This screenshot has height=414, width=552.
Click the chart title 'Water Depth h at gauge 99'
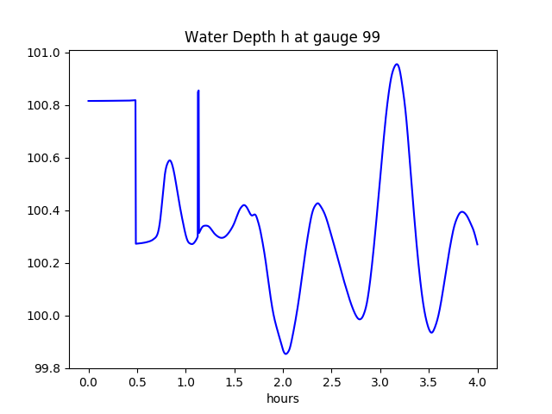click(x=282, y=38)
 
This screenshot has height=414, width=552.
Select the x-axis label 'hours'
click(x=282, y=398)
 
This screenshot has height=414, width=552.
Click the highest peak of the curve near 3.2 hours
click(x=397, y=64)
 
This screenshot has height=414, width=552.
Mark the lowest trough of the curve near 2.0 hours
click(x=285, y=354)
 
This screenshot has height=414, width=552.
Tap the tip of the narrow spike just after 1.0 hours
click(x=198, y=91)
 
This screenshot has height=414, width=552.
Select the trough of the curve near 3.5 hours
click(x=432, y=332)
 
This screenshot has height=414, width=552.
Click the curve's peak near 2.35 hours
click(x=317, y=204)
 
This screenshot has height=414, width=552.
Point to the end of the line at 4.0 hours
click(x=477, y=244)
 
